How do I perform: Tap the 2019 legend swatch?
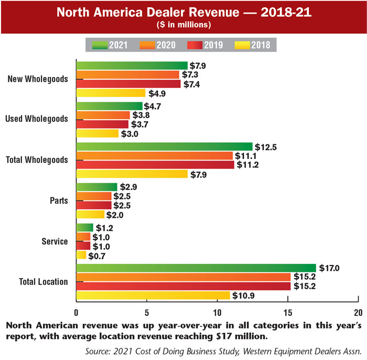tap(194, 45)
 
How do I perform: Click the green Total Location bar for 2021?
tap(196, 268)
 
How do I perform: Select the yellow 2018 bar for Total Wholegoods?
tap(132, 174)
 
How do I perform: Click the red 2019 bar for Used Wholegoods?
tap(102, 124)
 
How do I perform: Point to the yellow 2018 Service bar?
tap(81, 255)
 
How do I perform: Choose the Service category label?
tap(55, 241)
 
